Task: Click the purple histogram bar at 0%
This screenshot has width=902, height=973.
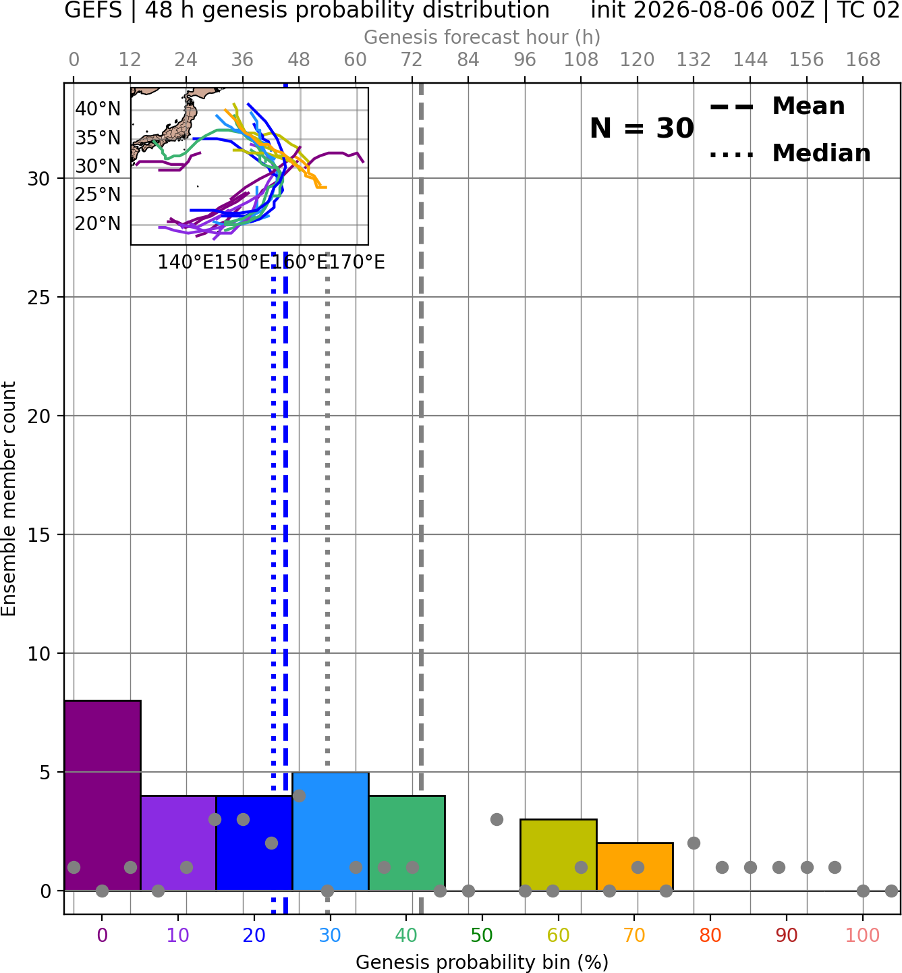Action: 103,796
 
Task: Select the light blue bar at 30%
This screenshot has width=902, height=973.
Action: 331,831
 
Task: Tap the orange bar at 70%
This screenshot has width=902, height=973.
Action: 635,866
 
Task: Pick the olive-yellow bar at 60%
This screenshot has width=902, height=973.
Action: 559,855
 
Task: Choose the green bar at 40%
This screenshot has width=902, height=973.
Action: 407,843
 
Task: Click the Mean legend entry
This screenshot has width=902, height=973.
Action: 778,107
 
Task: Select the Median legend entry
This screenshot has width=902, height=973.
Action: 790,153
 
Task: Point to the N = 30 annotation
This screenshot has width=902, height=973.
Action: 642,128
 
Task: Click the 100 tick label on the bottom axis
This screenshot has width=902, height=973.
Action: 863,935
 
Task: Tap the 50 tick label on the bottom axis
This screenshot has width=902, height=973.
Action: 482,935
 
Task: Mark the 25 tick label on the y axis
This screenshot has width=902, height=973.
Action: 39,298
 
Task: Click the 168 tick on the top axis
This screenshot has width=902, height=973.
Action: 863,60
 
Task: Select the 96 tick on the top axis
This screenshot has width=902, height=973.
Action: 525,60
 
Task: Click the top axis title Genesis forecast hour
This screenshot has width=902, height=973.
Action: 482,37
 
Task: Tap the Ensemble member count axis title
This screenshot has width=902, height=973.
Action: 9,499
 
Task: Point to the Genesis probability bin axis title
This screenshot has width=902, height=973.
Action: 482,962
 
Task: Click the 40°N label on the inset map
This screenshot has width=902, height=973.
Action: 98,109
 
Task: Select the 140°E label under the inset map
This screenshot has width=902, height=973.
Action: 186,262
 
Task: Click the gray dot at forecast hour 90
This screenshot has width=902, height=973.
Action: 497,820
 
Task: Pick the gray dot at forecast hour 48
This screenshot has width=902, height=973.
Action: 299,796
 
